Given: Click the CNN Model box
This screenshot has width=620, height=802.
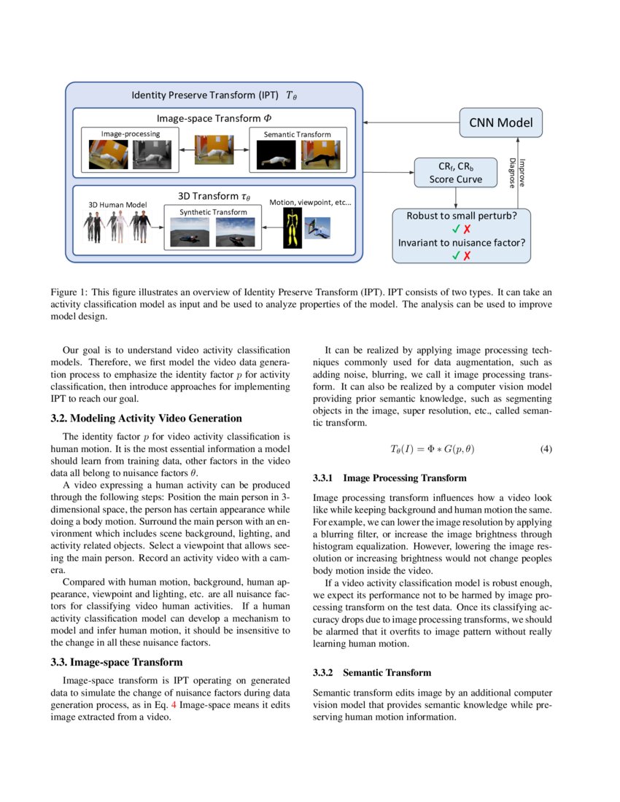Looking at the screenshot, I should pos(501,122).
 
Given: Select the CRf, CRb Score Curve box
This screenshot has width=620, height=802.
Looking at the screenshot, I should pos(455,172).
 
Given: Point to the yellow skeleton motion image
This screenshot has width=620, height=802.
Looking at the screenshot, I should pos(293,227).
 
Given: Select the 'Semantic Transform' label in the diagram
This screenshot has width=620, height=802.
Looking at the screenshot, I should pos(297,134).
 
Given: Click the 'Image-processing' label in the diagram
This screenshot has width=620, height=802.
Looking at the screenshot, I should pos(131,134).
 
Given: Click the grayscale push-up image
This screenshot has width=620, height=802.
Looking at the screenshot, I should pos(152,155).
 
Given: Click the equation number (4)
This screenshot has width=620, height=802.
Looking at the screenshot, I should pos(546,449).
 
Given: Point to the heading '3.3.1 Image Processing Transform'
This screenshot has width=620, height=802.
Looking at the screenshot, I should pos(390,479).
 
